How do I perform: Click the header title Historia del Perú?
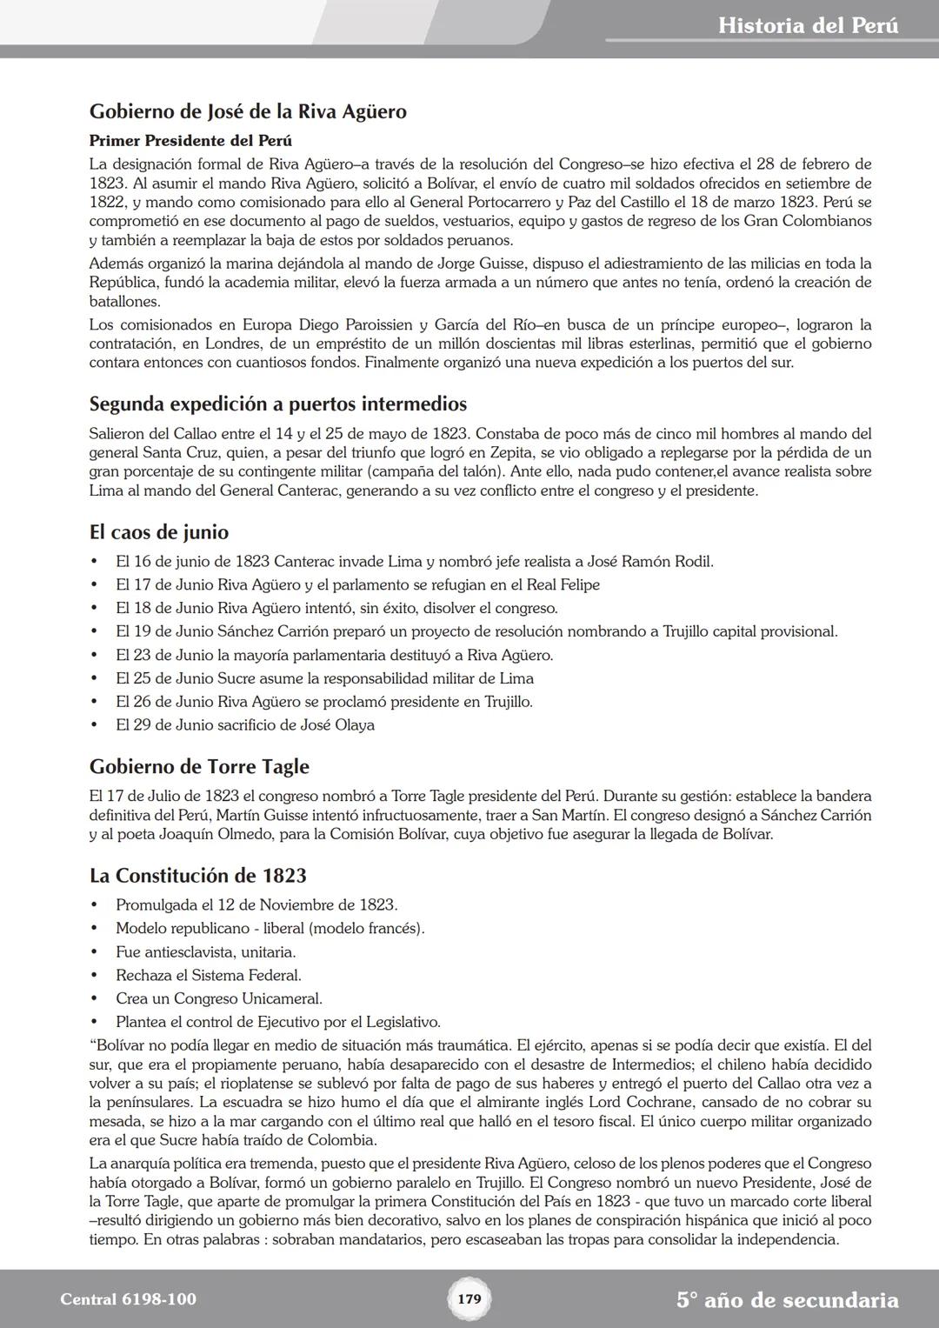tap(808, 25)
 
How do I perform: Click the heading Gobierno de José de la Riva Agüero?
tap(248, 111)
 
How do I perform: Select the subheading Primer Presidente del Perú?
tap(190, 140)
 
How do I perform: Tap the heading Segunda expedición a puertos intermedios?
tap(277, 404)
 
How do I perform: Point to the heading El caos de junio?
tap(159, 532)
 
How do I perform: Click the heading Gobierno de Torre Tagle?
tap(199, 766)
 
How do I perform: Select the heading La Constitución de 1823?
tap(197, 875)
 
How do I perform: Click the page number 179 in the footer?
tap(469, 1299)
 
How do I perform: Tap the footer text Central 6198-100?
tap(128, 1299)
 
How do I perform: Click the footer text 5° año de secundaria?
tap(787, 1300)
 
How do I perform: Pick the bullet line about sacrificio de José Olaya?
tap(245, 724)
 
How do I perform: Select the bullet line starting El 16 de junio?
tap(414, 561)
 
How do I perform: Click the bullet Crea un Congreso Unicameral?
tap(219, 998)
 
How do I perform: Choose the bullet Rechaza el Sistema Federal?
tap(209, 975)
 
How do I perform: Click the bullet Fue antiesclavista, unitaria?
tap(206, 951)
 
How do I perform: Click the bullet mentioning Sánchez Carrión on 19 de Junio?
tap(476, 631)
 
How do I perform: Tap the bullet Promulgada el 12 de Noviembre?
tap(256, 904)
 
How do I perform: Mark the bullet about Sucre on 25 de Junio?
tap(324, 678)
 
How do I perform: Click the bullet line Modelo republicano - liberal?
tap(270, 928)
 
